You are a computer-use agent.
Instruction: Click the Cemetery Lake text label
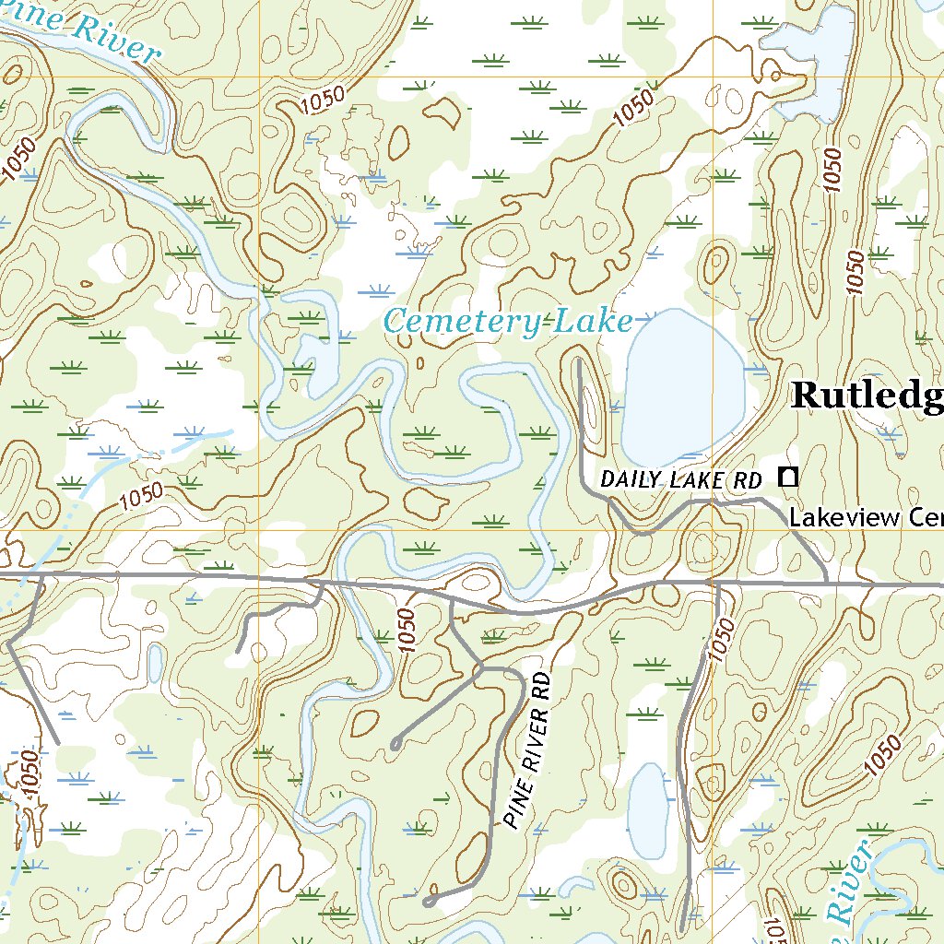tap(508, 322)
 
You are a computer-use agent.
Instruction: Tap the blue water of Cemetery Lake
tap(682, 387)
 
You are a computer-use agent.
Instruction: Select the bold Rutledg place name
tap(867, 395)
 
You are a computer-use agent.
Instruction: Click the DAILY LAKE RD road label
tap(681, 479)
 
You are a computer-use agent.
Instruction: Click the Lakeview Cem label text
tap(865, 517)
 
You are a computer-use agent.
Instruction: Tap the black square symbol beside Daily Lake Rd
tap(787, 477)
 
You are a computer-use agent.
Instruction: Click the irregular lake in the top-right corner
tap(816, 55)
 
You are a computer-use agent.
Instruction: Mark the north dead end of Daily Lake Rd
tap(578, 362)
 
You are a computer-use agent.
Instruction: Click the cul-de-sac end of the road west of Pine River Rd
tap(395, 743)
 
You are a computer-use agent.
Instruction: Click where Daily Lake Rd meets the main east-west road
tap(827, 583)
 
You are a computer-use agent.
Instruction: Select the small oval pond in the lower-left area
tap(155, 662)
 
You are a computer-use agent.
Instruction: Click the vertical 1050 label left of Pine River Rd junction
tap(408, 631)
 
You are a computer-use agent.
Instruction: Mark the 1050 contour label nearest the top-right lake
tap(832, 169)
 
